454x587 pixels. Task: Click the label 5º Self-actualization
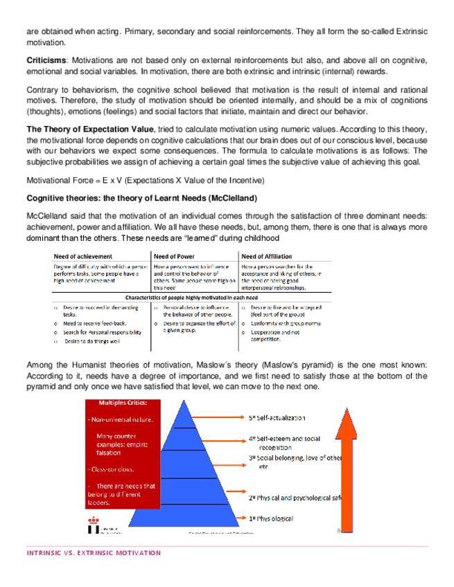[x=277, y=418]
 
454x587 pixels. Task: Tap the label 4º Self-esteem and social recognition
[x=284, y=443]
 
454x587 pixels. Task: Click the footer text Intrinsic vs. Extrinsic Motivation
[x=93, y=553]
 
